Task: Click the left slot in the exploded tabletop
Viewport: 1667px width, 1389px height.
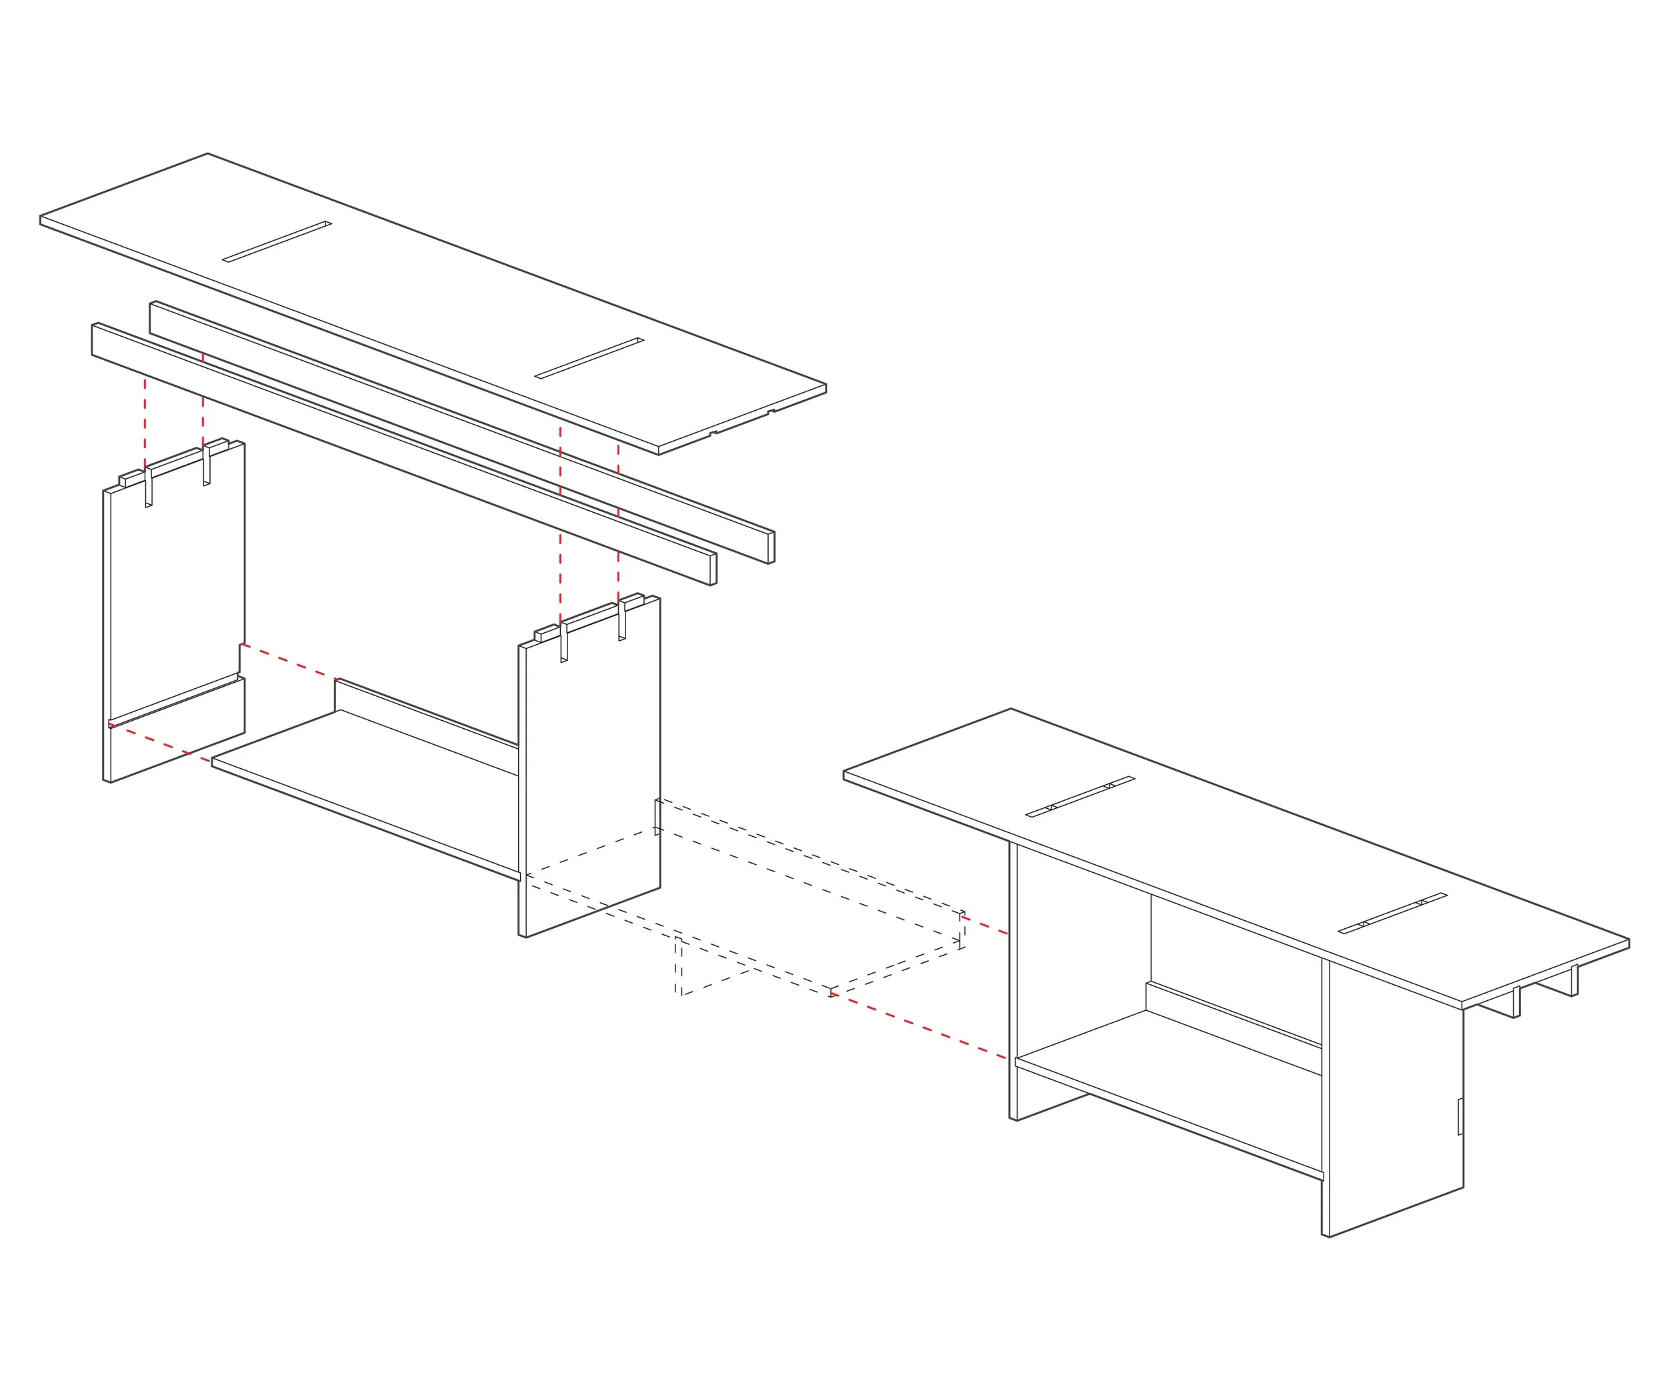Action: coord(277,241)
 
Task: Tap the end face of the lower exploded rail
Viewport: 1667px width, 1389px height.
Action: coord(713,569)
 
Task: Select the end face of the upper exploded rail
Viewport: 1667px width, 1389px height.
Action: coord(771,547)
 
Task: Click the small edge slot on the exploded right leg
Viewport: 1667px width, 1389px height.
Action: coord(657,817)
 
